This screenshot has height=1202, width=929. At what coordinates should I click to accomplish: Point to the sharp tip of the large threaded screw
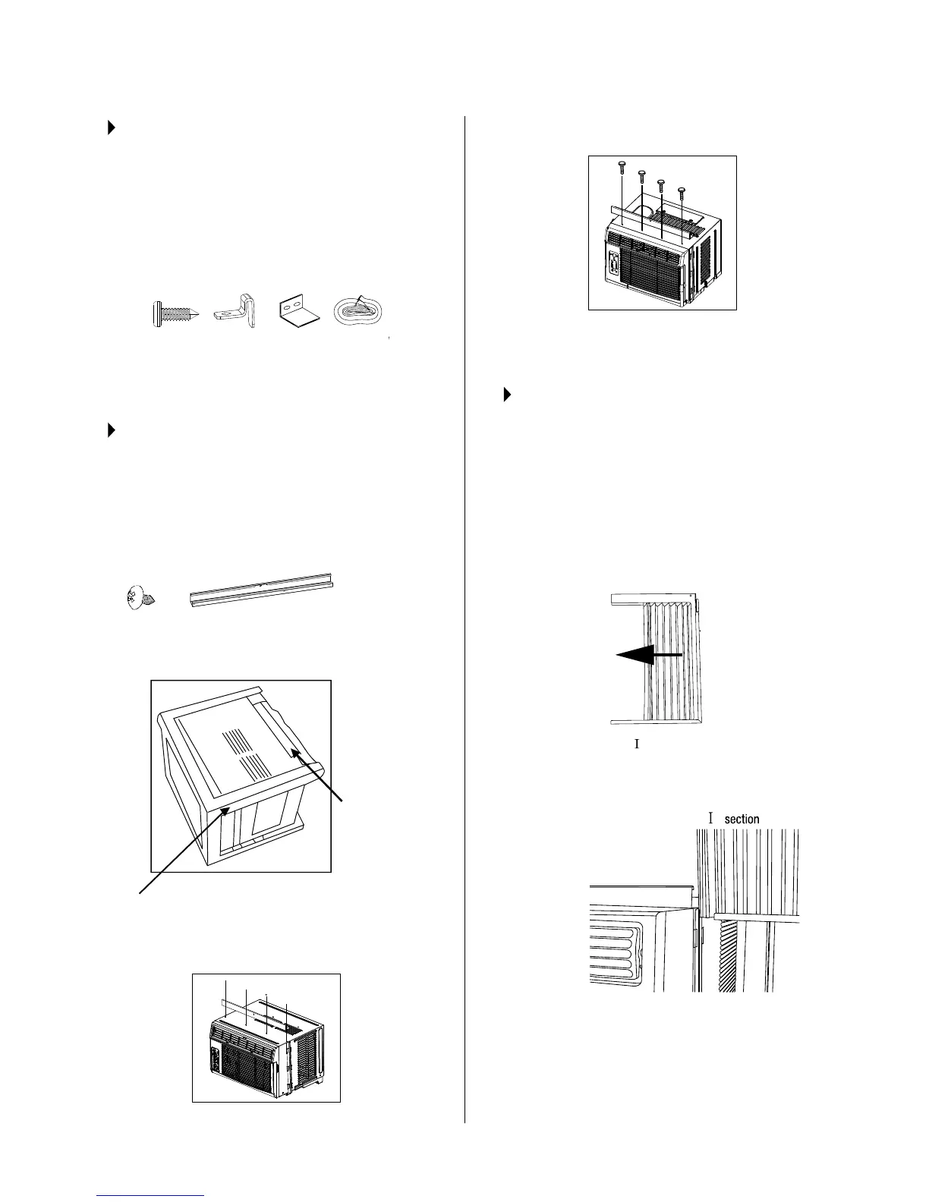pyautogui.click(x=201, y=314)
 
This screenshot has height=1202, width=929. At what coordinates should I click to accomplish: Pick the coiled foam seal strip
pyautogui.click(x=361, y=312)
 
